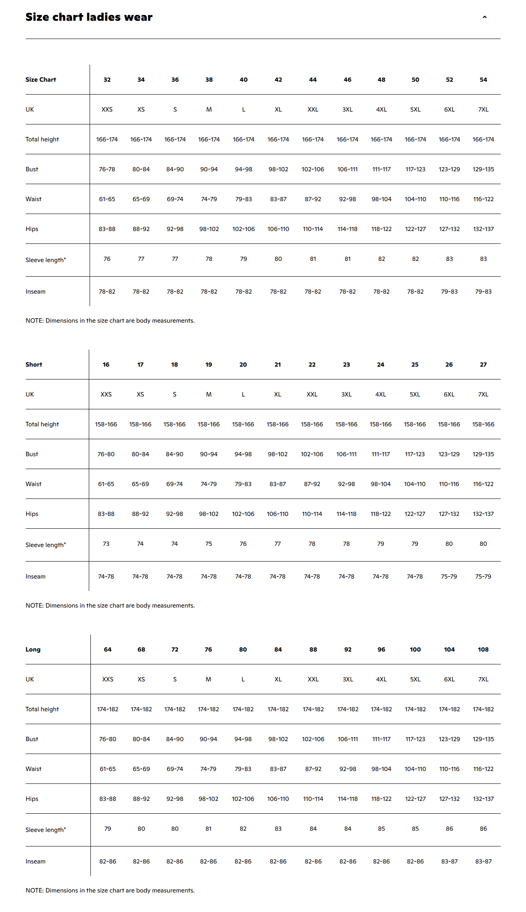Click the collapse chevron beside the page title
point(485,17)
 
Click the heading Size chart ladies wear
point(89,17)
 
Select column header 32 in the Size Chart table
point(107,80)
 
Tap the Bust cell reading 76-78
point(107,169)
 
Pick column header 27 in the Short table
point(483,365)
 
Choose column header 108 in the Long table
point(483,649)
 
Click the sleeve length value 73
point(106,544)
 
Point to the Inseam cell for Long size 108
point(483,861)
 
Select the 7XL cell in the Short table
point(483,394)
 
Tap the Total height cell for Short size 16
point(106,424)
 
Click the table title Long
point(33,649)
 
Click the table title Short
point(34,365)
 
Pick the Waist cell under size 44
point(313,199)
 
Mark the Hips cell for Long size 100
point(415,799)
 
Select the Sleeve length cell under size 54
point(483,259)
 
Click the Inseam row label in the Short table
point(36,576)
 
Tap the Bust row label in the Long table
point(32,739)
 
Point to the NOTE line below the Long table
point(110,890)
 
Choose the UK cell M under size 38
point(209,109)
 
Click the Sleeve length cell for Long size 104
point(449,829)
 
